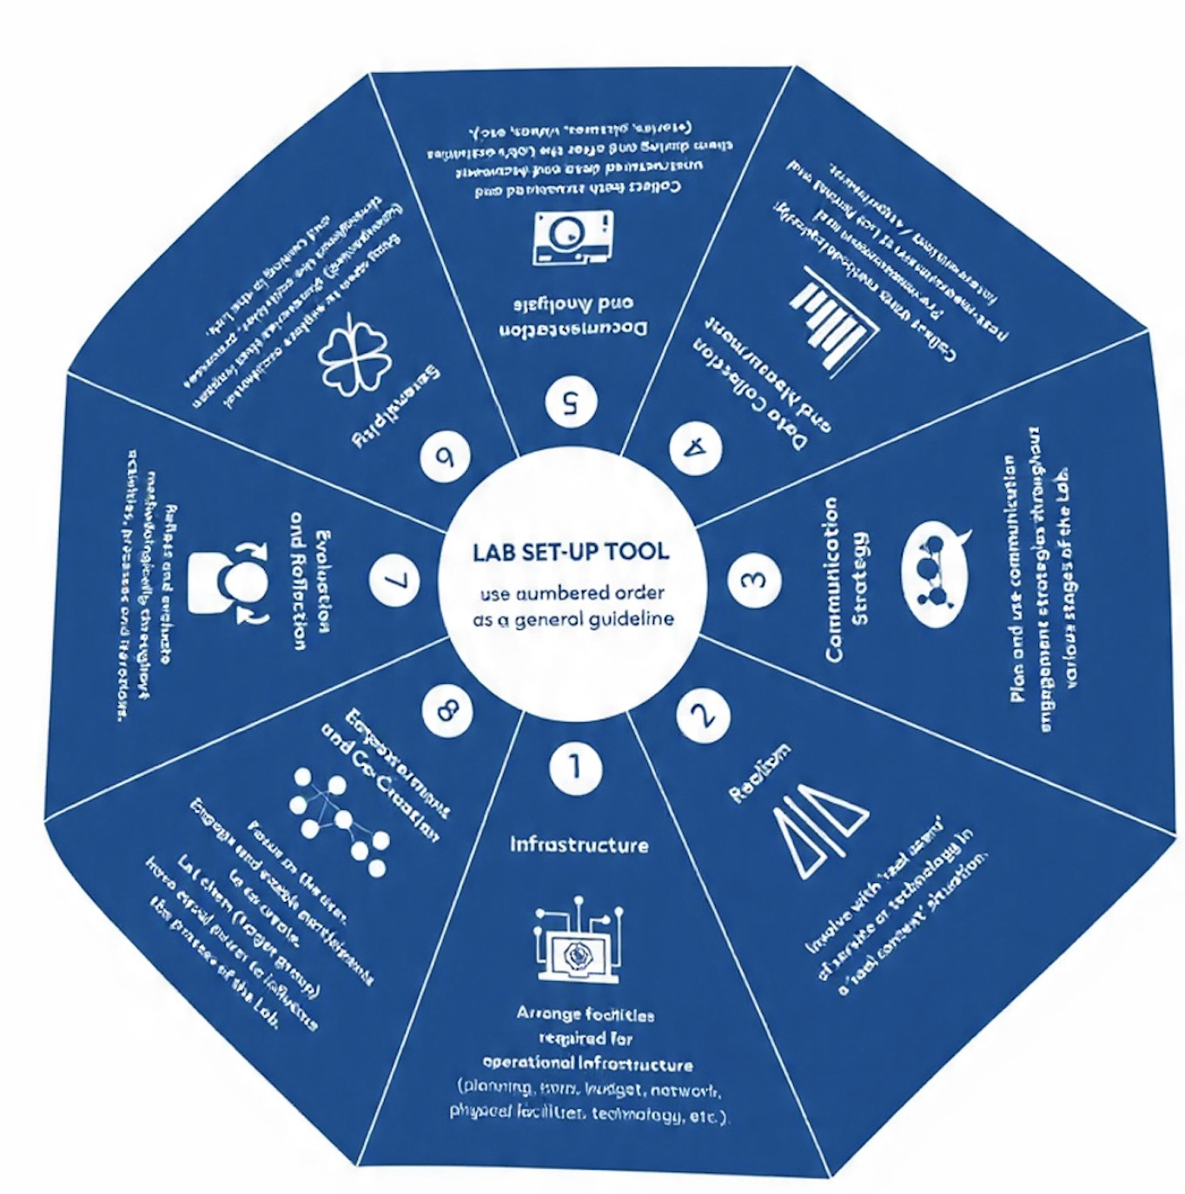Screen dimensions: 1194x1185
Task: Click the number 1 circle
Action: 574,767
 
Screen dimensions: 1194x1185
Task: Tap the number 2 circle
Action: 703,714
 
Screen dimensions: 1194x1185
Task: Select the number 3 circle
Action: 753,579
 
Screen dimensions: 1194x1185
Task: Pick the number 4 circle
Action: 696,448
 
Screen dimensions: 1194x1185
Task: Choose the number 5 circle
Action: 571,401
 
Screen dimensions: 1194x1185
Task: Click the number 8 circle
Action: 447,711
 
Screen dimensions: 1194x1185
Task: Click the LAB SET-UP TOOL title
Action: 571,552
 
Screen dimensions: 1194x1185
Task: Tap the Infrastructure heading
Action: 579,845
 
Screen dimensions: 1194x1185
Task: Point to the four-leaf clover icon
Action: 348,357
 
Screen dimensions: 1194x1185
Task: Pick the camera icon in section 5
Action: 572,236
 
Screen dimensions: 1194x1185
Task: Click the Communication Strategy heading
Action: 846,580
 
